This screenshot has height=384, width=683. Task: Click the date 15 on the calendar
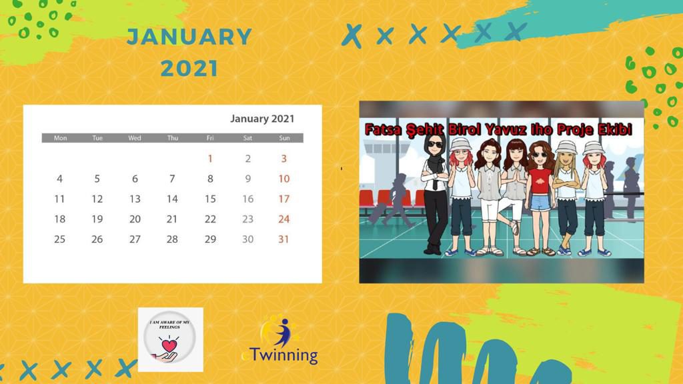(x=210, y=199)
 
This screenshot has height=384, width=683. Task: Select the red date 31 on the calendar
(x=284, y=239)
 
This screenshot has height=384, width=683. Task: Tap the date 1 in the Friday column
(x=210, y=159)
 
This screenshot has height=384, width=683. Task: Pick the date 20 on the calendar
(x=135, y=219)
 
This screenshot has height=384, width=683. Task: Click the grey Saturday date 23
(x=247, y=219)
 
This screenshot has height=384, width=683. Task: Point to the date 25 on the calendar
(x=60, y=239)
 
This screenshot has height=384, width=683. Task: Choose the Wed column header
(x=135, y=138)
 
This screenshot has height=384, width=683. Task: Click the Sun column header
(x=284, y=138)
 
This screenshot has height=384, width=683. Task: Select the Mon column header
(x=60, y=138)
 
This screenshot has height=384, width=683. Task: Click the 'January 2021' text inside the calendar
(x=262, y=119)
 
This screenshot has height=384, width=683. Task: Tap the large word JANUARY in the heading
(x=189, y=37)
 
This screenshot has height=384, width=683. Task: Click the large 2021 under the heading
(x=189, y=67)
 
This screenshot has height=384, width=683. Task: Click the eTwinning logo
(x=280, y=341)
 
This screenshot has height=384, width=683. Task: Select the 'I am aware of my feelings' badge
(x=171, y=339)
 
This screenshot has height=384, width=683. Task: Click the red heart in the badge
(x=171, y=345)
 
